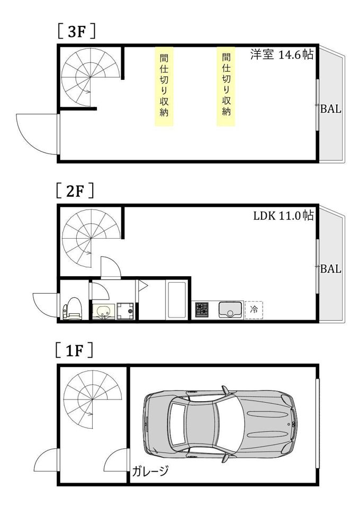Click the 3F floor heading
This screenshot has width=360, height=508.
tap(76, 32)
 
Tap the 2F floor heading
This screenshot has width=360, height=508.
tap(75, 190)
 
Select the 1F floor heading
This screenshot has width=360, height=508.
tap(74, 350)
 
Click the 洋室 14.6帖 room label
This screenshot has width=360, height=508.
tap(282, 55)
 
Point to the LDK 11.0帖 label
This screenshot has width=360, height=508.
tap(284, 215)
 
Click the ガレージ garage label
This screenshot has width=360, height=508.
tap(150, 470)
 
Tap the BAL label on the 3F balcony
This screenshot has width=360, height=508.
tap(330, 109)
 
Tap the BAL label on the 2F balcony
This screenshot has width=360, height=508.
tap(330, 269)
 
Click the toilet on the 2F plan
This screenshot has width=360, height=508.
tap(72, 309)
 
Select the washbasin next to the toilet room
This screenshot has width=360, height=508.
tap(103, 312)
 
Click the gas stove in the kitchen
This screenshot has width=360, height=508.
tap(202, 310)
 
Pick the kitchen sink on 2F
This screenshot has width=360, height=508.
tap(230, 310)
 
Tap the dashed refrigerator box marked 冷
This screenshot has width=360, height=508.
tap(254, 310)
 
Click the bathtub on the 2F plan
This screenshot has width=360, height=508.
tap(176, 300)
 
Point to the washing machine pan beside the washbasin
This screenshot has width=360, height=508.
tap(125, 311)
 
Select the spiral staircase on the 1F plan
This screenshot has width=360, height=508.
tap(92, 399)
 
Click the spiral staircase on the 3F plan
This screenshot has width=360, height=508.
tap(91, 76)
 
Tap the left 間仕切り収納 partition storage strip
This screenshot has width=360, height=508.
tap(164, 86)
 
